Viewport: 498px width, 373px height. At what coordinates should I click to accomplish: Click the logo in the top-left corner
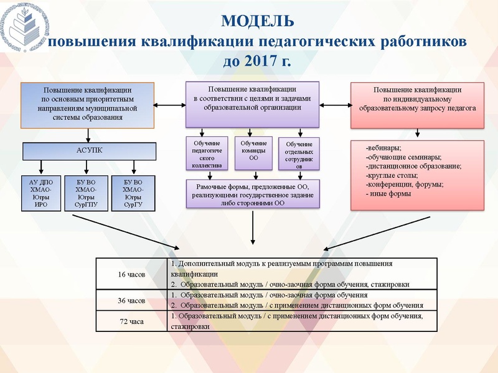(x=28, y=28)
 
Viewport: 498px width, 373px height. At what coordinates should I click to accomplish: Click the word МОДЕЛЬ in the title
(x=258, y=21)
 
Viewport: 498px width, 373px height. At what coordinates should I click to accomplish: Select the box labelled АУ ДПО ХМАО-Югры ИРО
(x=42, y=193)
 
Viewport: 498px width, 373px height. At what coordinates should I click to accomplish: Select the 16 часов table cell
(x=131, y=274)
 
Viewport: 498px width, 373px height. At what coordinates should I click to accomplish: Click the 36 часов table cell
(x=131, y=300)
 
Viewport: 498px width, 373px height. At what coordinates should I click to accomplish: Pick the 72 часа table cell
(x=131, y=321)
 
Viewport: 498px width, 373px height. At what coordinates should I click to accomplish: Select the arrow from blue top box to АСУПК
(x=88, y=134)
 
